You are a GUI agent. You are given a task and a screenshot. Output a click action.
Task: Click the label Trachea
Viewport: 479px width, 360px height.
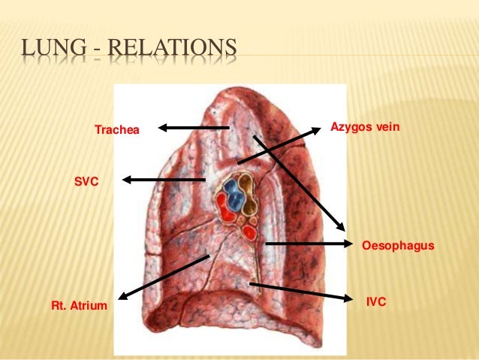click(116, 131)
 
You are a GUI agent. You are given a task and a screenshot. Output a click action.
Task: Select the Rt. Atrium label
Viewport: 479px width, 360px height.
click(79, 305)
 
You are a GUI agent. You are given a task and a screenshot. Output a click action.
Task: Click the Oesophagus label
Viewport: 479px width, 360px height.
click(398, 246)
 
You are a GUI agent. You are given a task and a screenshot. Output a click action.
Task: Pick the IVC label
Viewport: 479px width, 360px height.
click(375, 301)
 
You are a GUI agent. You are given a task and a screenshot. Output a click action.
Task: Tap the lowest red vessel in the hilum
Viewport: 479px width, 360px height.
click(250, 232)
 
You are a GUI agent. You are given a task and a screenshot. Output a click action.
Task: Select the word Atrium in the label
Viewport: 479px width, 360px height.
click(89, 305)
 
